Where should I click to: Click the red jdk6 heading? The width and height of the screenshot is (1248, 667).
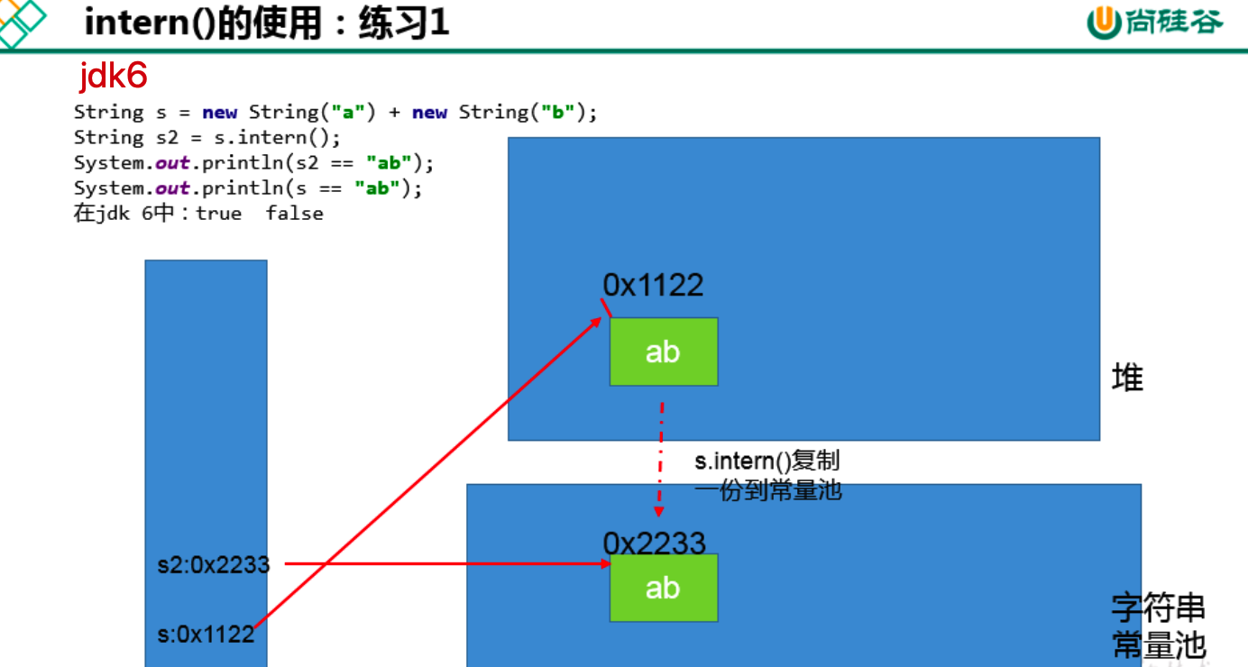[113, 77]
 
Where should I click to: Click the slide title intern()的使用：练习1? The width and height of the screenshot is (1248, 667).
[266, 23]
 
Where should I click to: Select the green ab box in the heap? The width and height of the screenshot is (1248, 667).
[663, 352]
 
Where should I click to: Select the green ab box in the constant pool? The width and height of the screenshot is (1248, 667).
[663, 588]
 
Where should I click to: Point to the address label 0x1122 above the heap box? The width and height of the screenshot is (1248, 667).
[653, 286]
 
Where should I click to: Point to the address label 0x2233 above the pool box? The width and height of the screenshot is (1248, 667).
[654, 543]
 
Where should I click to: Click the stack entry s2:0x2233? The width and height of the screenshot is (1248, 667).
[213, 564]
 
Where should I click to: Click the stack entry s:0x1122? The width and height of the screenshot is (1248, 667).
[206, 635]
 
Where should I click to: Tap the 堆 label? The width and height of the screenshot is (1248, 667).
[1127, 378]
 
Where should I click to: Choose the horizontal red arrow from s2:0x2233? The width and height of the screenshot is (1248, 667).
[442, 564]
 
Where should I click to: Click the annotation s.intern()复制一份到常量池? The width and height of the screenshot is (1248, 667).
[767, 476]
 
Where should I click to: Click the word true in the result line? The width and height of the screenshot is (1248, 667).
[219, 214]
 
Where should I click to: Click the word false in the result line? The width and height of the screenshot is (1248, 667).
[294, 214]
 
